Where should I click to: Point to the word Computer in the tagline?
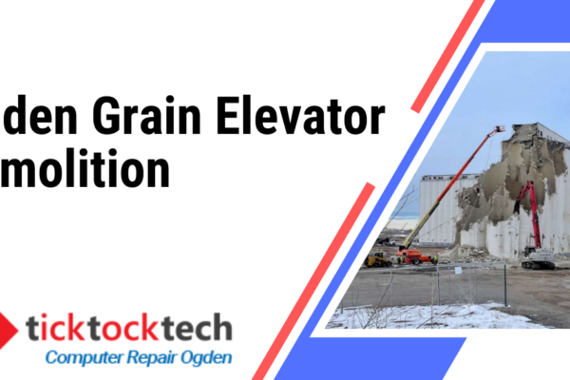tap(84, 359)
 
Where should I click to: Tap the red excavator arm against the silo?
tap(529, 214)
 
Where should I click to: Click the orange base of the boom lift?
tap(418, 256)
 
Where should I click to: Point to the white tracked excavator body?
tap(540, 256)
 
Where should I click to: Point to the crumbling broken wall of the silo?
tap(494, 190)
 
